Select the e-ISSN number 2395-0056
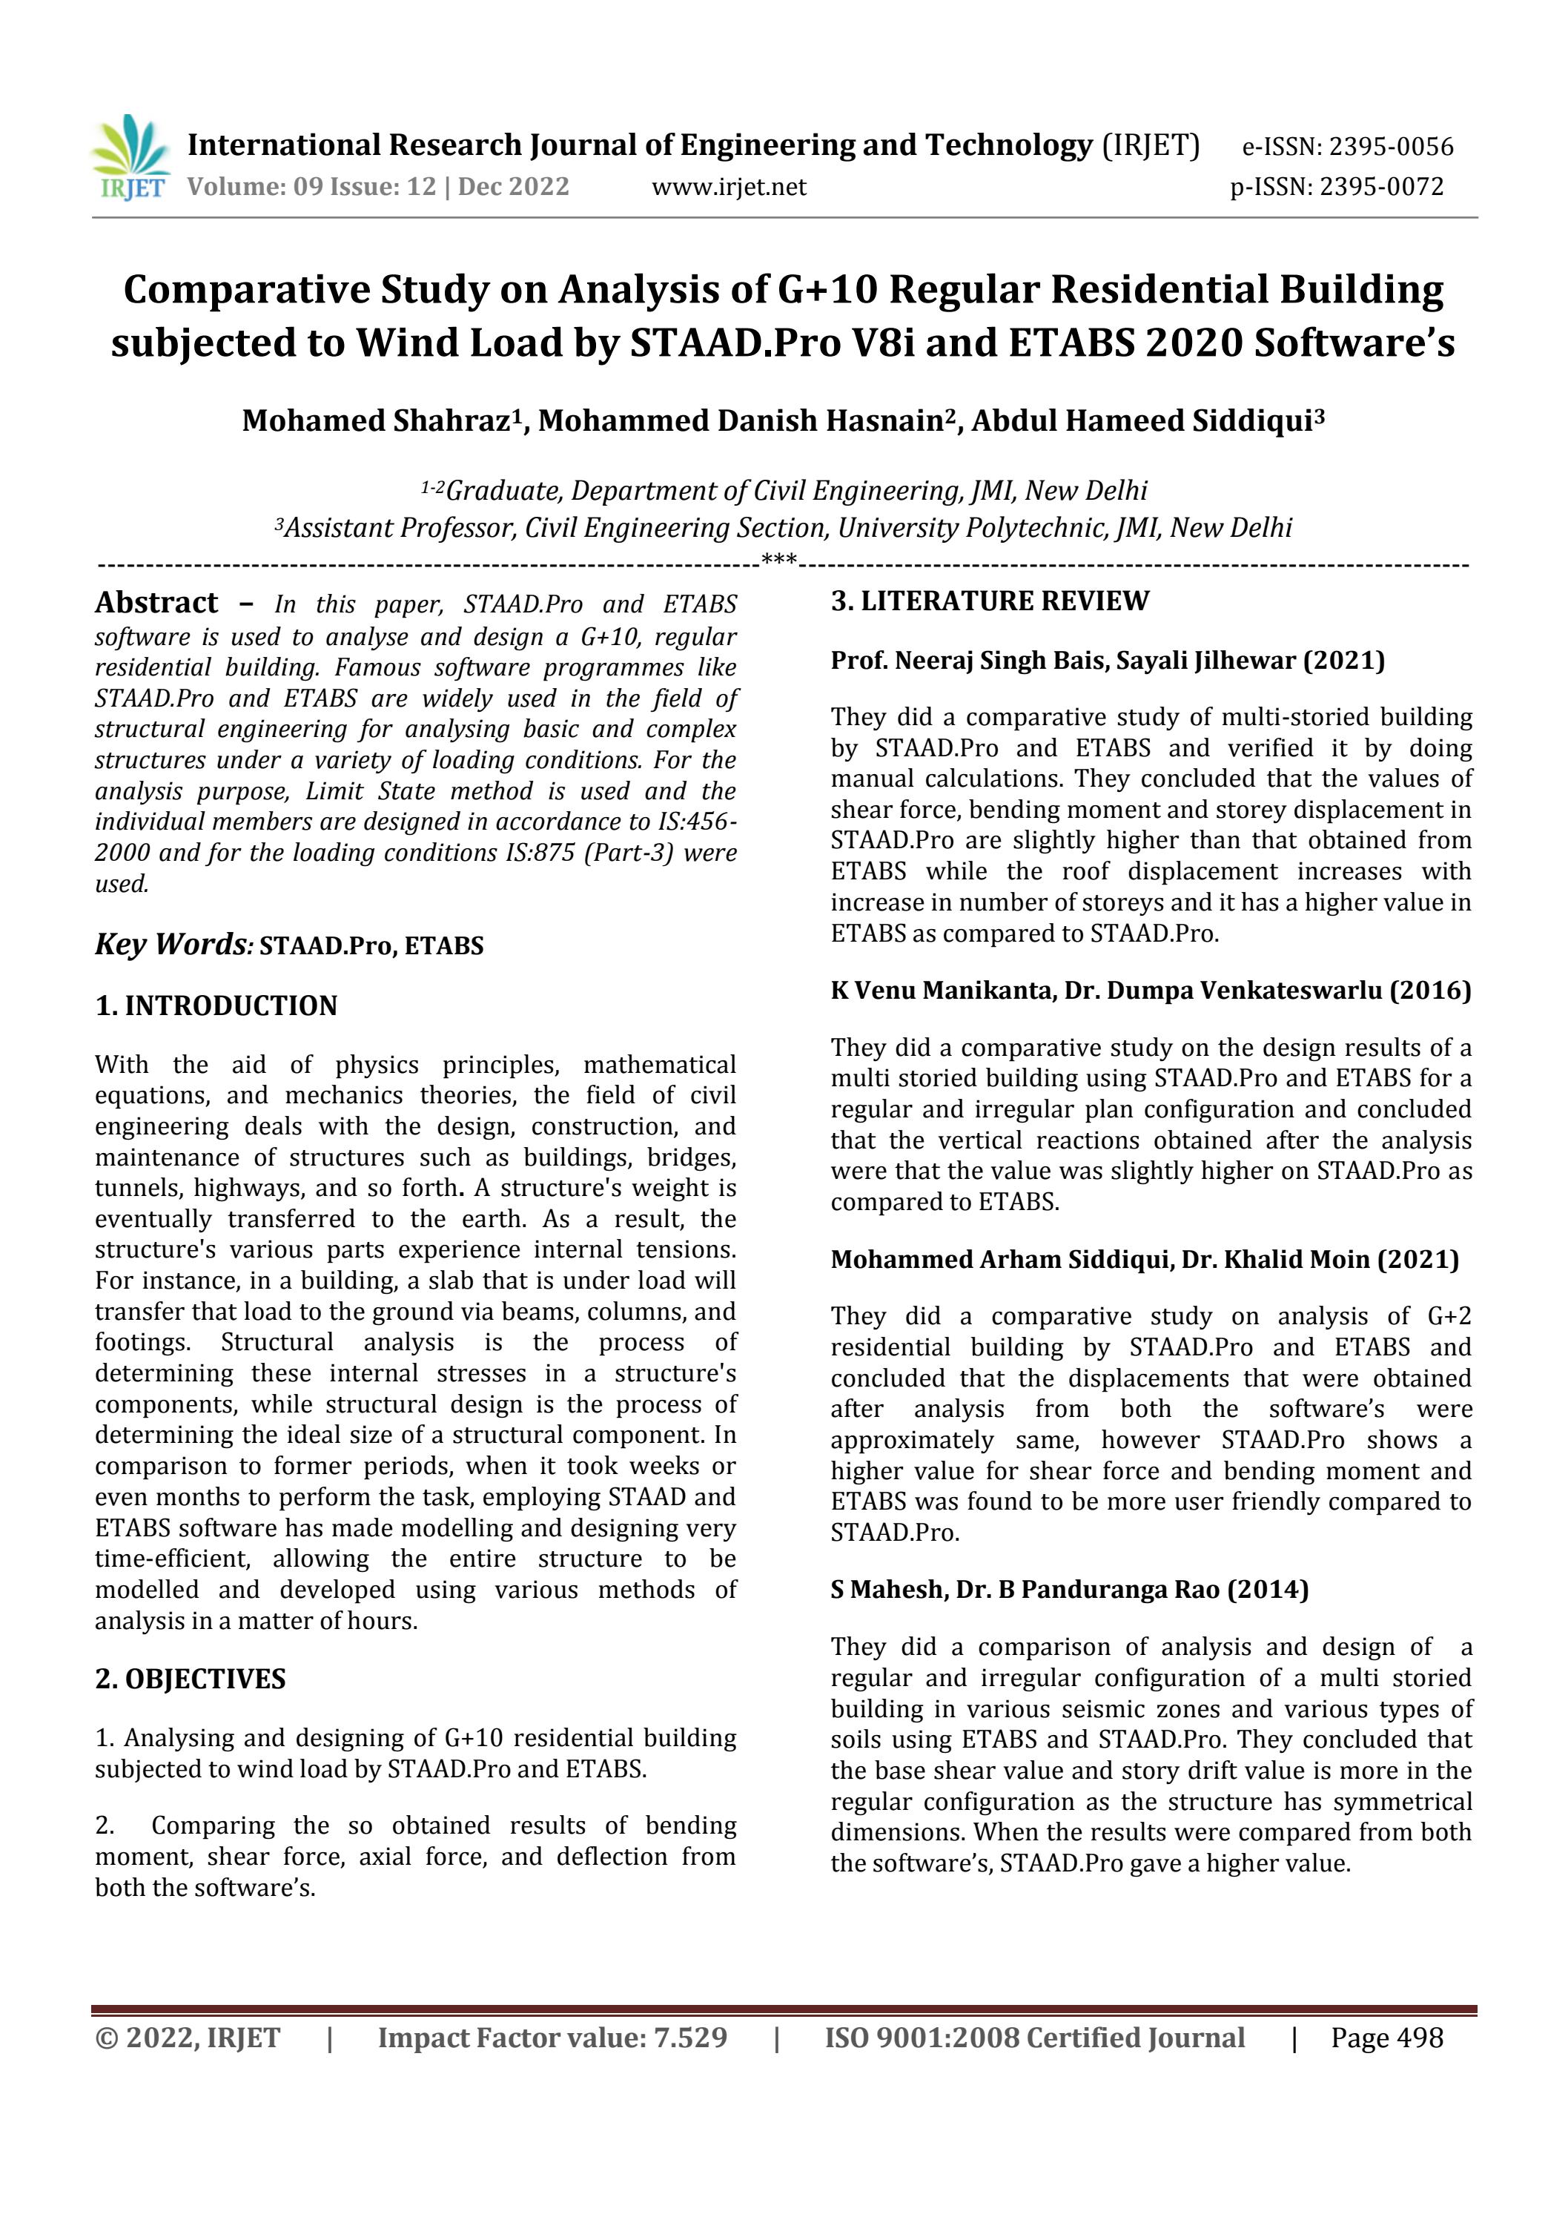click(1390, 147)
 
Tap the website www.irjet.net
click(729, 186)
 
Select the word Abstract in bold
click(156, 603)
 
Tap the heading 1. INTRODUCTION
click(216, 1006)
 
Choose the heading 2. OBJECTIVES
click(191, 1679)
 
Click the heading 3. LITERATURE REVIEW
click(990, 601)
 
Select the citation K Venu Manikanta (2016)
click(1150, 991)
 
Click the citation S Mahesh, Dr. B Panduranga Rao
click(1069, 1590)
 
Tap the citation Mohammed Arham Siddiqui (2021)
click(1144, 1260)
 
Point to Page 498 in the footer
click(1386, 2038)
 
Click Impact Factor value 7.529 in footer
click(552, 2038)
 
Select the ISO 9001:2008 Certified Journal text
click(1034, 2038)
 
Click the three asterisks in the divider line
click(778, 559)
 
